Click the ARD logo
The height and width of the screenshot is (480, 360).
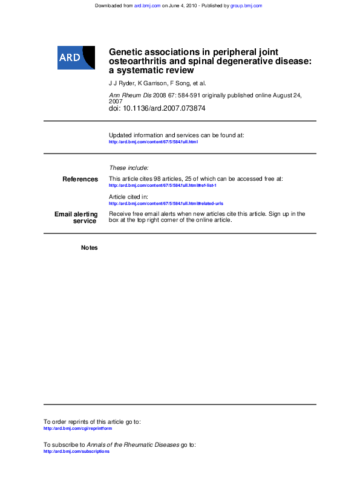pyautogui.click(x=76, y=57)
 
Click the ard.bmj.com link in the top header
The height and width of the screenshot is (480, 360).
pyautogui.click(x=147, y=5)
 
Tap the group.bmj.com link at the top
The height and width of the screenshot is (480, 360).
pyautogui.click(x=246, y=5)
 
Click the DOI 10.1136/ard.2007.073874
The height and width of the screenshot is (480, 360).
pyautogui.click(x=165, y=108)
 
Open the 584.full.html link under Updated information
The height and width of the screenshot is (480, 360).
pyautogui.click(x=153, y=142)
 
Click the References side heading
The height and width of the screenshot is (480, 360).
pyautogui.click(x=80, y=179)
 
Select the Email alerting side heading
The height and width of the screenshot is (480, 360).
pyautogui.click(x=76, y=214)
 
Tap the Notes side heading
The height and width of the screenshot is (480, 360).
pyautogui.click(x=89, y=248)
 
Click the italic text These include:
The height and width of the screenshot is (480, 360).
pyautogui.click(x=128, y=167)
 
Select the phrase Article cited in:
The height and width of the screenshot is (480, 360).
pyautogui.click(x=128, y=197)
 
